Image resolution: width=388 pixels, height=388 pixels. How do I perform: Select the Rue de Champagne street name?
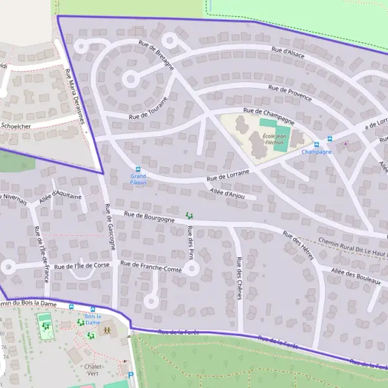[x=268, y=115]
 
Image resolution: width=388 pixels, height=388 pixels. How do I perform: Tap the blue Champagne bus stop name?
[x=316, y=152]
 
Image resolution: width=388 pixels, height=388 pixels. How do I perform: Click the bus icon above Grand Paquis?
[x=138, y=169]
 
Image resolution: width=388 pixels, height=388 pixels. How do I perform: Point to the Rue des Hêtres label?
[x=299, y=246]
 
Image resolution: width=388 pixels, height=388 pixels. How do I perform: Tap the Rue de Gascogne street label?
[x=110, y=227]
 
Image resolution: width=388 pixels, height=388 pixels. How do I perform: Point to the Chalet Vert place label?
[x=94, y=369]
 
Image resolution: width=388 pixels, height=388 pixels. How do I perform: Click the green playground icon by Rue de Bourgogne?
[x=189, y=215]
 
